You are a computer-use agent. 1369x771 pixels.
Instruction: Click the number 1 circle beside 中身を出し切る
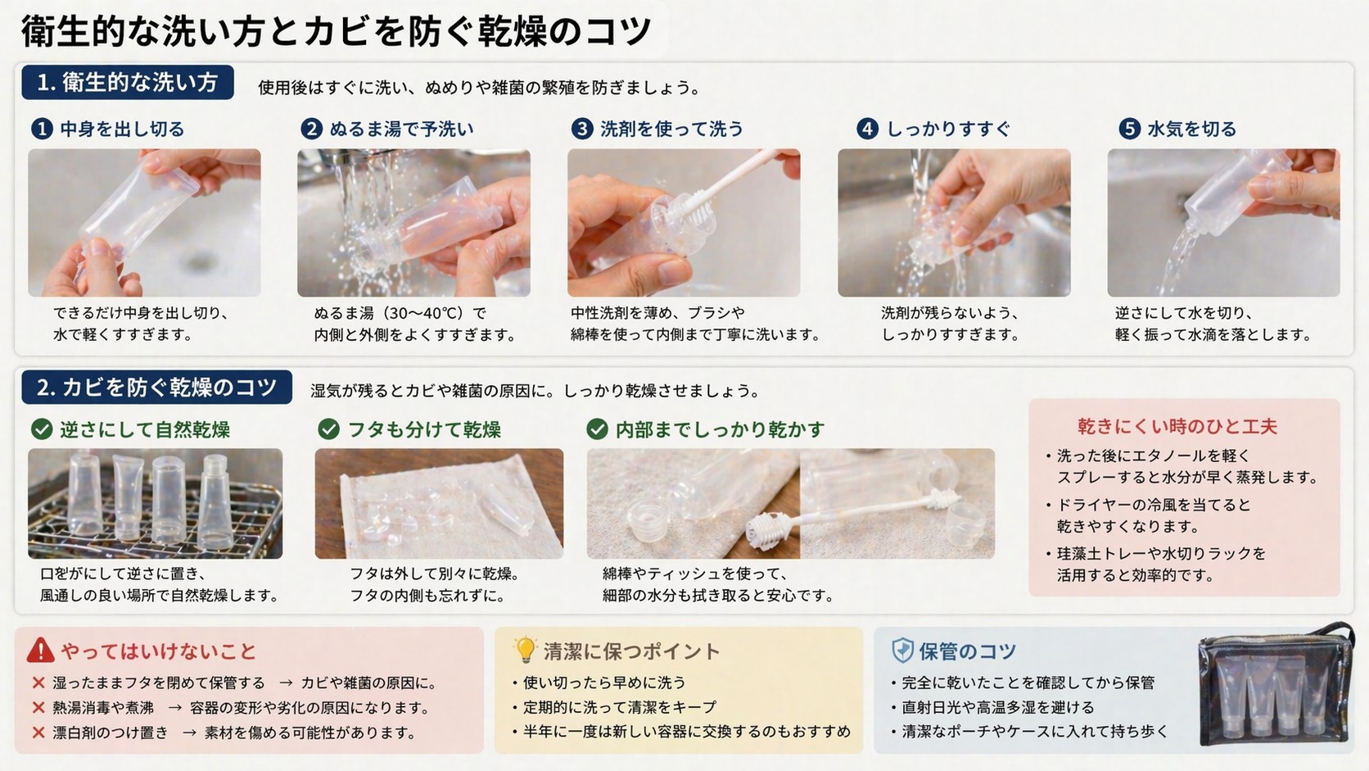42,129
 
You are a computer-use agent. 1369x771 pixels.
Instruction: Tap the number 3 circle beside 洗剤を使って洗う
581,129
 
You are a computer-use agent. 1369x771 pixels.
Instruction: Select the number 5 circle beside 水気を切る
1129,129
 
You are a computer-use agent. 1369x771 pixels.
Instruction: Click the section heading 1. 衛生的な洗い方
128,83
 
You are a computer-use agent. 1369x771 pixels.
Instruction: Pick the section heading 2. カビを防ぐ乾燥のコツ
156,388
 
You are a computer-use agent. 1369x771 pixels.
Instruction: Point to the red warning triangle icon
40,651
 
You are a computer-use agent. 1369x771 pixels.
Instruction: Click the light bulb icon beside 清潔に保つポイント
524,650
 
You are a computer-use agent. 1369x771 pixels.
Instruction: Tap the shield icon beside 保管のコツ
901,651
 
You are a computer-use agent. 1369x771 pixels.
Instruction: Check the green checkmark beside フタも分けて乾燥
328,429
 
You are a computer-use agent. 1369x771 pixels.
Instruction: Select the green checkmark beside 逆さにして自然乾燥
41,429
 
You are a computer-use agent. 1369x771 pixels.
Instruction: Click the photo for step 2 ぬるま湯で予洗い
413,223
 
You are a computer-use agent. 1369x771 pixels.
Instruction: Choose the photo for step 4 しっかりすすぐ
954,223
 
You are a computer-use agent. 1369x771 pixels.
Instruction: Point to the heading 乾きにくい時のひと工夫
1177,426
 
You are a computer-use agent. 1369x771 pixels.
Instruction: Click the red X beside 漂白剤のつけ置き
38,732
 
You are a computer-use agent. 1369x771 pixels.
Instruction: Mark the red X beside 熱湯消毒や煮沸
38,708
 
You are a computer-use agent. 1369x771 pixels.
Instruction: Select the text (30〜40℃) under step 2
424,313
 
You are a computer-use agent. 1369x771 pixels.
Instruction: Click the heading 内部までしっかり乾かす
719,429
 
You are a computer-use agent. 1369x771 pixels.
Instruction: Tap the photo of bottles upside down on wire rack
155,504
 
